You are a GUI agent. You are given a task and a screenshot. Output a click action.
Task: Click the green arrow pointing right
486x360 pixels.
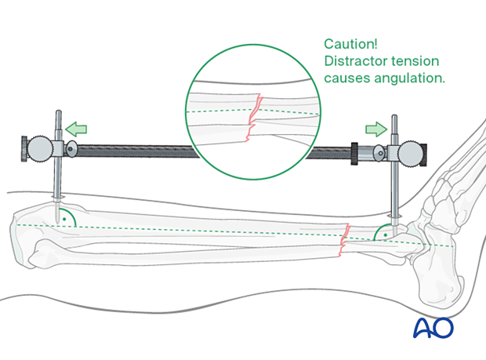click(x=375, y=128)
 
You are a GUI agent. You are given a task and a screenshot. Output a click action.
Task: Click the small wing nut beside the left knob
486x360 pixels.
click(x=72, y=148)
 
